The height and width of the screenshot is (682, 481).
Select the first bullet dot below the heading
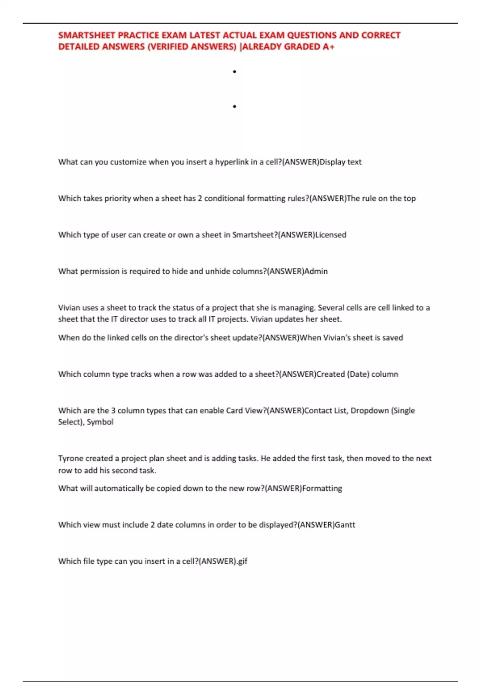tap(234, 72)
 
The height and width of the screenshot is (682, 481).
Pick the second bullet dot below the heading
tap(234, 107)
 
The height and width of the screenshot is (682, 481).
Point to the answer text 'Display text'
tap(340, 162)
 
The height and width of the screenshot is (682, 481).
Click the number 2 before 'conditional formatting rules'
tap(200, 199)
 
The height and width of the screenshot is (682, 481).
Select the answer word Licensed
tap(331, 235)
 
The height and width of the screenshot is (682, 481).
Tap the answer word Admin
tap(316, 272)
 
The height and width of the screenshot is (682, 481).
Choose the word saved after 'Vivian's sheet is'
tap(392, 338)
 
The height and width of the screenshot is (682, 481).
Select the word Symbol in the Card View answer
tap(100, 422)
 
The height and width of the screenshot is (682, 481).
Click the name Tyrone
tap(71, 459)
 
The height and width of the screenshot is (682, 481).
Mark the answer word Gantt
tap(345, 525)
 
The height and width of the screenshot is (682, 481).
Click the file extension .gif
tap(241, 562)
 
